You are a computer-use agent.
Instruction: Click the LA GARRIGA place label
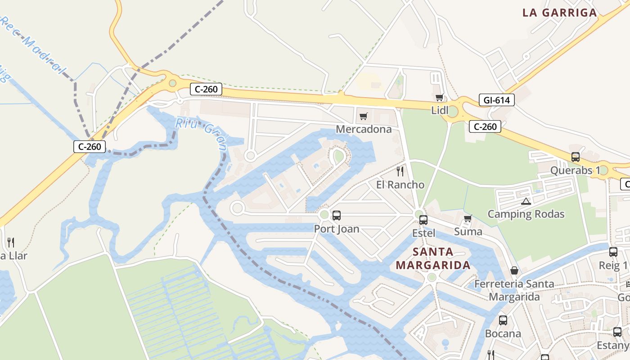[x=559, y=13]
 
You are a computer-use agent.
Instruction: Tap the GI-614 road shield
[x=497, y=100]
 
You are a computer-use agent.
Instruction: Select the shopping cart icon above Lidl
[x=440, y=97]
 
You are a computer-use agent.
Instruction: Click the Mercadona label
[x=364, y=130]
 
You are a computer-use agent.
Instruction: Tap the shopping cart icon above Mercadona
[x=364, y=117]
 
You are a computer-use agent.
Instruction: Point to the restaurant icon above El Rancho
[x=400, y=171]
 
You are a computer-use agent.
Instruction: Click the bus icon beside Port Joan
[x=336, y=216]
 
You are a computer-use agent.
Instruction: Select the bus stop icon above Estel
[x=423, y=220]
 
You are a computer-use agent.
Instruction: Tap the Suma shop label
[x=468, y=232]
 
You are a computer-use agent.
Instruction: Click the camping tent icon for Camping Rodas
[x=526, y=201]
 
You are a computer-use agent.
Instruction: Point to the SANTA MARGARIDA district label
[x=433, y=258]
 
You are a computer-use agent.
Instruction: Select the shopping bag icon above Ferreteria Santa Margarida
[x=514, y=271]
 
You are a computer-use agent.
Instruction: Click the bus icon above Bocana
[x=503, y=320]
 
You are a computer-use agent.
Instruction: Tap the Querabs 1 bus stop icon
[x=575, y=157]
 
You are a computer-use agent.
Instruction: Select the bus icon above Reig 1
[x=613, y=252]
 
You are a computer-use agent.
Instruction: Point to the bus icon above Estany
[x=617, y=332]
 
